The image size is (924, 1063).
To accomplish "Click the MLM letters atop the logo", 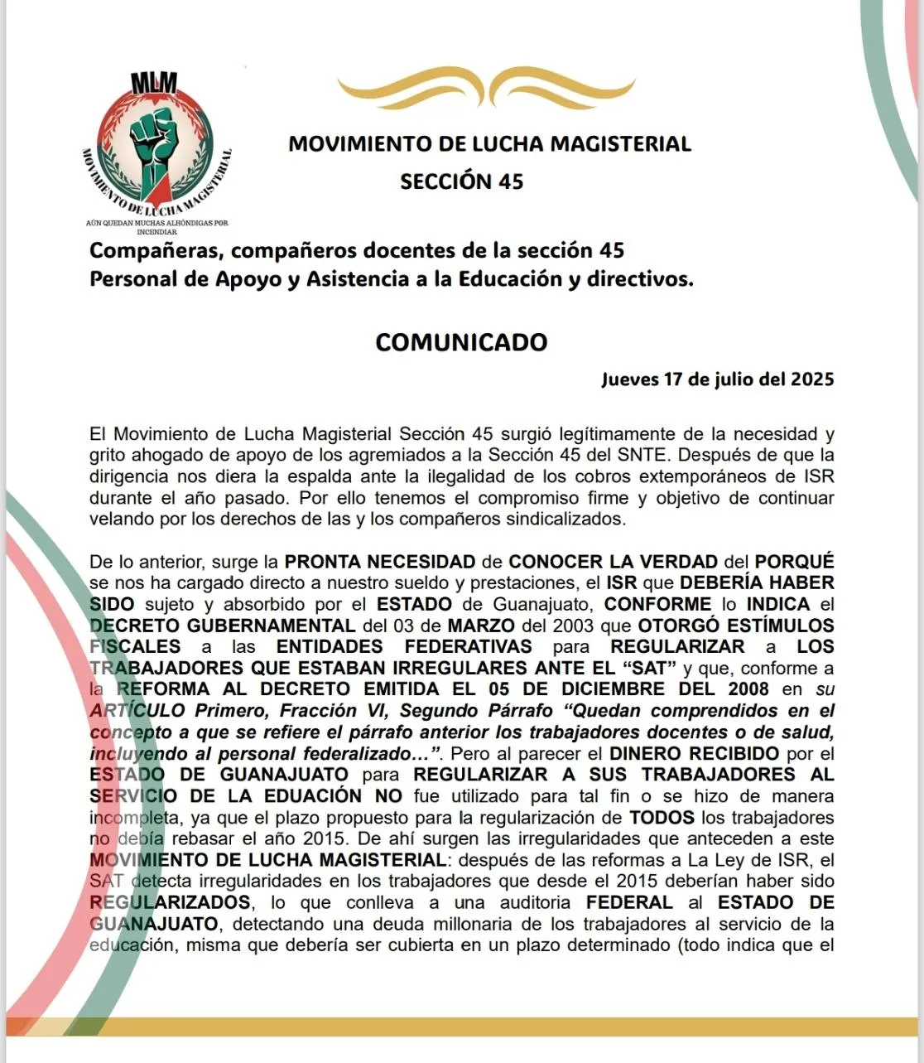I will pyautogui.click(x=154, y=83).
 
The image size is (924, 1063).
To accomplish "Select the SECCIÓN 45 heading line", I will pyautogui.click(x=462, y=181).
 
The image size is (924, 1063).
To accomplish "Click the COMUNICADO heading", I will pyautogui.click(x=461, y=342).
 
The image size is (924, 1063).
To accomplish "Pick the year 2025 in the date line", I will pyautogui.click(x=811, y=379).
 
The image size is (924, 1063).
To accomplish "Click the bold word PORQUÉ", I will pyautogui.click(x=794, y=562).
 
